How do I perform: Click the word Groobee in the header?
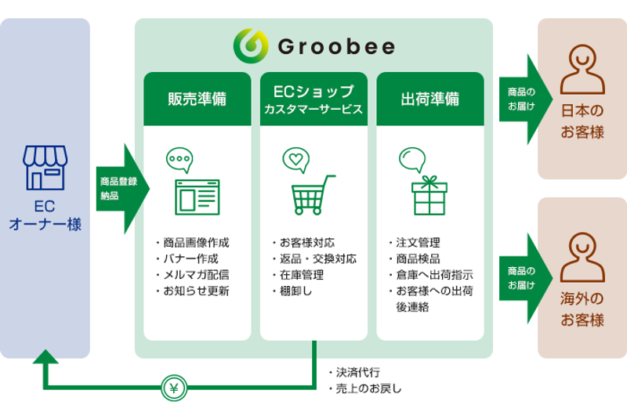(336, 47)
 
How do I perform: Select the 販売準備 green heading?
(198, 99)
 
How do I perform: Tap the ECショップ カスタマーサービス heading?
(313, 99)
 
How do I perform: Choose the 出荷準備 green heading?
(430, 99)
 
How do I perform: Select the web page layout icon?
(197, 197)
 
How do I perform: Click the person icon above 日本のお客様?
(582, 71)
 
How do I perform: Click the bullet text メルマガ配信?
(197, 274)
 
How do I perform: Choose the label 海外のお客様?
(582, 309)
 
